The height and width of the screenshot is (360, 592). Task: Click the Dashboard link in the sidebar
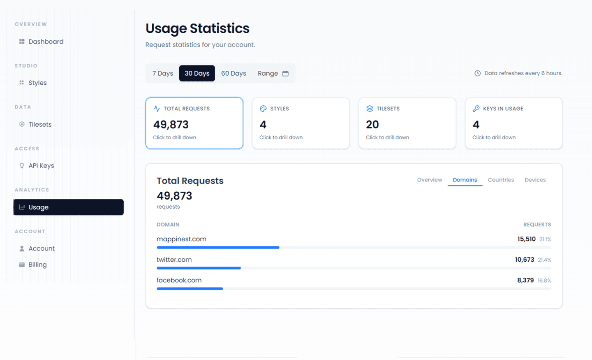[46, 42]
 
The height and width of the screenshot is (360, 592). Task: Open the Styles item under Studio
[37, 83]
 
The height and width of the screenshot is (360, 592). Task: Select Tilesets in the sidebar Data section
[40, 124]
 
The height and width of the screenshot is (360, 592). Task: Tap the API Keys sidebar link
[41, 166]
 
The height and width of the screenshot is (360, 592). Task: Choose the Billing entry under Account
[37, 265]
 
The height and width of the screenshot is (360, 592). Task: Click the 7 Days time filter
[163, 73]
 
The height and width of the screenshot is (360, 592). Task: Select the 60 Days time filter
[234, 73]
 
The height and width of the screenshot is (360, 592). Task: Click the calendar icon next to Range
[285, 73]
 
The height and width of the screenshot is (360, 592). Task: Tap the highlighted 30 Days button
[197, 73]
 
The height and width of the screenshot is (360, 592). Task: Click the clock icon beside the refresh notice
[477, 73]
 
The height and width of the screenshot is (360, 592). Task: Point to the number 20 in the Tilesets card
[372, 124]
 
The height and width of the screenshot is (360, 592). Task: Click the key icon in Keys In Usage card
[476, 109]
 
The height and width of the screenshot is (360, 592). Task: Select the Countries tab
[501, 180]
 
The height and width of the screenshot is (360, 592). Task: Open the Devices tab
[535, 180]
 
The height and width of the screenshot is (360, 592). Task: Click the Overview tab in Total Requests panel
[430, 180]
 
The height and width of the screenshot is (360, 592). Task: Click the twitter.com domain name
[174, 260]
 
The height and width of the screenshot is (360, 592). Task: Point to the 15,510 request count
[526, 239]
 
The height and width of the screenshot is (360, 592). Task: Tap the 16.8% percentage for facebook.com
[544, 281]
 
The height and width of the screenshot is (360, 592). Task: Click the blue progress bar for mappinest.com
[218, 247]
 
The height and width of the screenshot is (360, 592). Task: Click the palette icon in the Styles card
[263, 109]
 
